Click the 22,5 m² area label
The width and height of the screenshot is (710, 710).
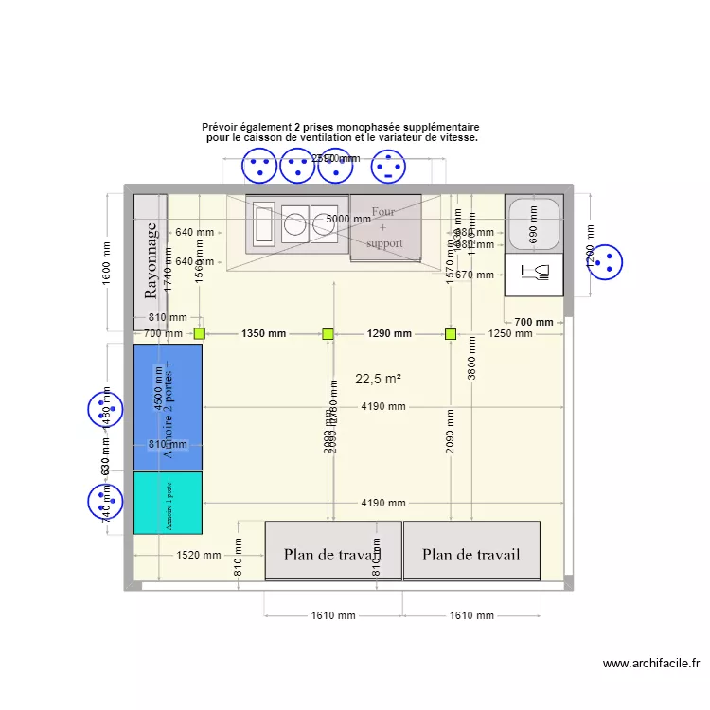pos(379,379)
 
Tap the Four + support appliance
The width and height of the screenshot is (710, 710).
pos(384,227)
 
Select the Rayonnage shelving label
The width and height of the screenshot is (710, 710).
pos(151,260)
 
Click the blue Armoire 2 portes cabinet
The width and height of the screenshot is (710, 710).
pos(168,407)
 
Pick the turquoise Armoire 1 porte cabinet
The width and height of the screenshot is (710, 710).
pos(168,503)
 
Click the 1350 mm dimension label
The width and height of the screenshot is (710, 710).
pos(263,333)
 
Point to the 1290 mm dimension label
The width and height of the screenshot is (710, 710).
pos(389,333)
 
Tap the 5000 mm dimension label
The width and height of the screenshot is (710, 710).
pos(348,219)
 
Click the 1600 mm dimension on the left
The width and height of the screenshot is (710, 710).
pos(106,259)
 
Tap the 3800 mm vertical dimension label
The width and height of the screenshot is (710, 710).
pos(471,360)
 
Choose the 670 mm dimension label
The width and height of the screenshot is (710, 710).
pos(473,275)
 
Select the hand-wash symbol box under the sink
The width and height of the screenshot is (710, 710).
pos(535,275)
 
